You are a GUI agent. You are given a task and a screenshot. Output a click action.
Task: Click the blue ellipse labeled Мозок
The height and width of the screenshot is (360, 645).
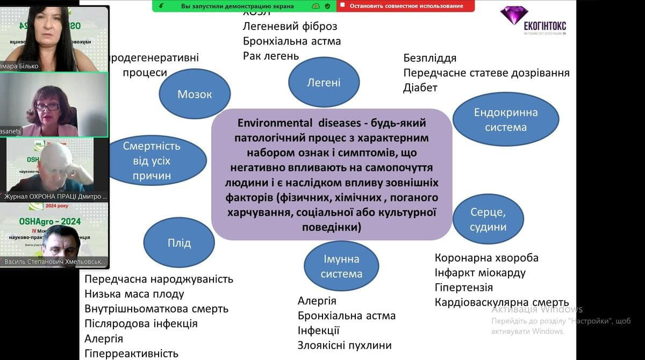click(195, 95)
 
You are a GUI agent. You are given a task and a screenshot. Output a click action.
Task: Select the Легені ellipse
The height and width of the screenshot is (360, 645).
click(324, 83)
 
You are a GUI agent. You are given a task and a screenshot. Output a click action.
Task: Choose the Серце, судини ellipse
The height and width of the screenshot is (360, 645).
click(488, 219)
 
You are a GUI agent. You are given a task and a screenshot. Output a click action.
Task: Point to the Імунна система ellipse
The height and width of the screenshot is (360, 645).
click(341, 266)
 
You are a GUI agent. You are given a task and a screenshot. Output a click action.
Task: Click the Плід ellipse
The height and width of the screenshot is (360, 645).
click(179, 243)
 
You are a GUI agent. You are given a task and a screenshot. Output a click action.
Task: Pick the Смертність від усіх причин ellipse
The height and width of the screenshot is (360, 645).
click(152, 160)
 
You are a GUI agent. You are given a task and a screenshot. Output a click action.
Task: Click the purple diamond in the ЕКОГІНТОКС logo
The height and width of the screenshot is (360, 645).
click(514, 14)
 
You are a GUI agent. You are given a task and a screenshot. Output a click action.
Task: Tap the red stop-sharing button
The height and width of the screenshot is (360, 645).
click(406, 6)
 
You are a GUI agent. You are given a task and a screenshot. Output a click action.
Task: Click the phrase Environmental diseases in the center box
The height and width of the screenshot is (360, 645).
click(292, 123)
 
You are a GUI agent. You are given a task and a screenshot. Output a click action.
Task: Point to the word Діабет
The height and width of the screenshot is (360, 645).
click(420, 88)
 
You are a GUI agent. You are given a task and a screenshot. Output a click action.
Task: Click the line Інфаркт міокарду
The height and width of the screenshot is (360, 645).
click(480, 273)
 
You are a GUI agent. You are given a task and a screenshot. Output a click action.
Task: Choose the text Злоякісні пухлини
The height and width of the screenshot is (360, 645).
click(345, 345)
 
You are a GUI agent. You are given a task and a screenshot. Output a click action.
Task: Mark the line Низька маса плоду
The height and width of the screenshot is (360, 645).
click(134, 294)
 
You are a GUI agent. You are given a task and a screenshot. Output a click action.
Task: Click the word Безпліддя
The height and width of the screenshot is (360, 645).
click(429, 58)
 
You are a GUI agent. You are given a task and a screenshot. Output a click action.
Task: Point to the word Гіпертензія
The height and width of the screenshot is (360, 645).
click(464, 287)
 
